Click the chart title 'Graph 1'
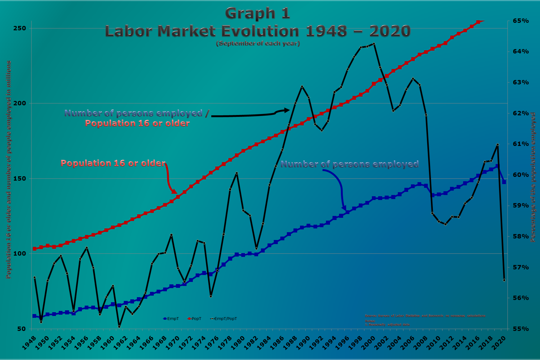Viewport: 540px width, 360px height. (x=257, y=13)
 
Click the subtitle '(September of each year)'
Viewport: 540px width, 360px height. (x=258, y=43)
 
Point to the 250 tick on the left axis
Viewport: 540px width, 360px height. (x=19, y=28)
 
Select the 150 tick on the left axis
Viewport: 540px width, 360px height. (x=19, y=178)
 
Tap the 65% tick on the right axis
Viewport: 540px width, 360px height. (x=521, y=21)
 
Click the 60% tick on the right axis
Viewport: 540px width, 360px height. (x=521, y=175)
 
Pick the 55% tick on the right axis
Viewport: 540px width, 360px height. (x=521, y=329)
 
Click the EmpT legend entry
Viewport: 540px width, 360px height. (x=171, y=319)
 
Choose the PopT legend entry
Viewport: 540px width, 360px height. (x=195, y=319)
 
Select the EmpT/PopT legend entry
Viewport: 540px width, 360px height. (x=224, y=319)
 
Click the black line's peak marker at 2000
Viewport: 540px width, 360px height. (x=374, y=44)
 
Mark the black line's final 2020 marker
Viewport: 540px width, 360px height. (x=504, y=280)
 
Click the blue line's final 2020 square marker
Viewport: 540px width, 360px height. (x=504, y=182)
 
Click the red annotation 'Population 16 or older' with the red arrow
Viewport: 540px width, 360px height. (x=113, y=163)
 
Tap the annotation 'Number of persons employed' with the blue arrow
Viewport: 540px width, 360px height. (x=350, y=164)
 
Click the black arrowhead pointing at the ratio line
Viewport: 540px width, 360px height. (x=287, y=110)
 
